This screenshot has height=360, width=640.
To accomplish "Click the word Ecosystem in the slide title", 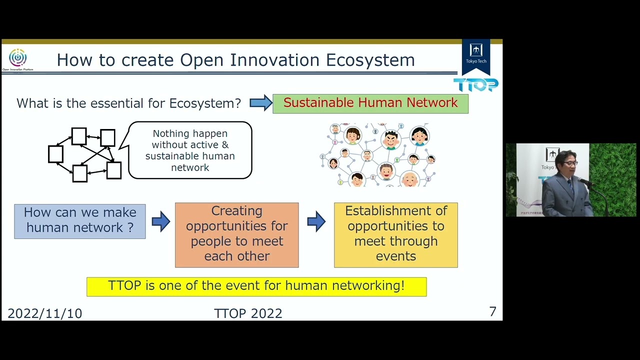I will pyautogui.click(x=370, y=60).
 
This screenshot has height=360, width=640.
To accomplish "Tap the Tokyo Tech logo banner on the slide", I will pyautogui.click(x=475, y=55).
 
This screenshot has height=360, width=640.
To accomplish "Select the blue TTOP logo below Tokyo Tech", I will pyautogui.click(x=475, y=85).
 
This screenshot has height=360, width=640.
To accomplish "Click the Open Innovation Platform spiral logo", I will pyautogui.click(x=17, y=58).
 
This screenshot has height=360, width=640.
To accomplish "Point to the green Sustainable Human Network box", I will pyautogui.click(x=370, y=103).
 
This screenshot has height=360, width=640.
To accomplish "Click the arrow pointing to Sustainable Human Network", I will pyautogui.click(x=260, y=103).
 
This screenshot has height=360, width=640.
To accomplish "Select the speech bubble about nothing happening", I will pyautogui.click(x=190, y=150).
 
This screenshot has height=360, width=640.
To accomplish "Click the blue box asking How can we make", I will pyautogui.click(x=80, y=220).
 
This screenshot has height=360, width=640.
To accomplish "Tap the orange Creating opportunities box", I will pyautogui.click(x=236, y=234).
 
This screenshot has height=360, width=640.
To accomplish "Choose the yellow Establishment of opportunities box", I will pyautogui.click(x=395, y=234).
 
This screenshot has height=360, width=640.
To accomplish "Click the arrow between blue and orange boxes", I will pyautogui.click(x=160, y=221).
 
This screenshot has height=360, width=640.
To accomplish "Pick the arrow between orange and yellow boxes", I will pyautogui.click(x=316, y=221).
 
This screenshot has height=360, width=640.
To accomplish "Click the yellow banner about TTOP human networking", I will pyautogui.click(x=256, y=286).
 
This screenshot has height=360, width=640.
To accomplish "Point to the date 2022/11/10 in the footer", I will pyautogui.click(x=44, y=313).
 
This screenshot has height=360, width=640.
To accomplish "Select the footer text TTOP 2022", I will pyautogui.click(x=248, y=313).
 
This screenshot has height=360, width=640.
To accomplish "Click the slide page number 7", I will pyautogui.click(x=492, y=312).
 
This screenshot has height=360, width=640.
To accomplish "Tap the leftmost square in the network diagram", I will pyautogui.click(x=55, y=154).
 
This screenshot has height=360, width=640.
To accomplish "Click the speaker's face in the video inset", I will pyautogui.click(x=569, y=163).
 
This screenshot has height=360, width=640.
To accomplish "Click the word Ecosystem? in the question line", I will pyautogui.click(x=205, y=103).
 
